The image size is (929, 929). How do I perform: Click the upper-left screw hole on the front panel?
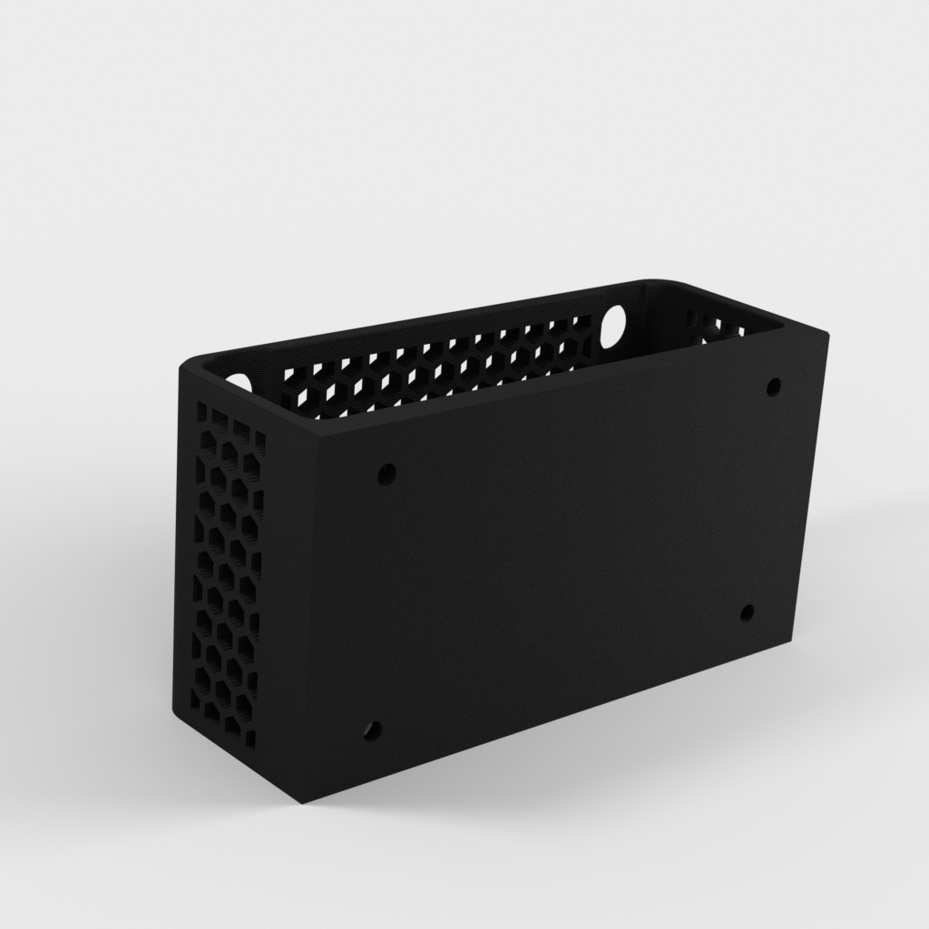coord(387,473)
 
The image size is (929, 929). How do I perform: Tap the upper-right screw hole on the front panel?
coord(773,387)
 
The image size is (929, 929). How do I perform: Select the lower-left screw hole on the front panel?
coord(372,729)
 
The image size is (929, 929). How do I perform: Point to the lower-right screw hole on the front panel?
coord(747,613)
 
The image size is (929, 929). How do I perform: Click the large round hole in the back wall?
coord(615,324)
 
